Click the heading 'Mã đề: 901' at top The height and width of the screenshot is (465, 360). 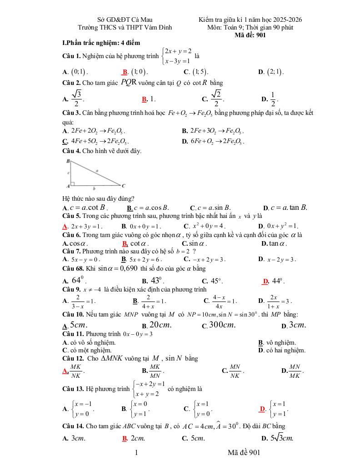tap(250, 35)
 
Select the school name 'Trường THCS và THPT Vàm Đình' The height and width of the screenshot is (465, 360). tap(125, 27)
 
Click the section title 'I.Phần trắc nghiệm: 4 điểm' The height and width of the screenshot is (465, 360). tap(101, 43)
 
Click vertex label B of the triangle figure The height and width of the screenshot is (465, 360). tap(68, 161)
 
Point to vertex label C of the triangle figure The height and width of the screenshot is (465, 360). tap(123, 185)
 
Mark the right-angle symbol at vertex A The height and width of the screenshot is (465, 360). tap(73, 184)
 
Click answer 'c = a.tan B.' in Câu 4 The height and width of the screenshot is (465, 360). tap(289, 208)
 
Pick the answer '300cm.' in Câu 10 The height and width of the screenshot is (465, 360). tap(222, 325)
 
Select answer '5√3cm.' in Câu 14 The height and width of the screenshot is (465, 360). tap(280, 438)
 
